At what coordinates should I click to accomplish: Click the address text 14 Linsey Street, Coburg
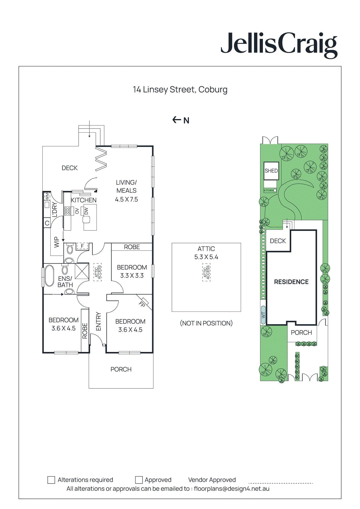click(180, 90)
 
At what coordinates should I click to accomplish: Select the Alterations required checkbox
click(51, 480)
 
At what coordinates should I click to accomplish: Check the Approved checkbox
click(139, 480)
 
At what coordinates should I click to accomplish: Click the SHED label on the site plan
click(271, 171)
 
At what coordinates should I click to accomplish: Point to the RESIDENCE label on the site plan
click(291, 282)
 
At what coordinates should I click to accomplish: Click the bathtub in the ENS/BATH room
click(49, 275)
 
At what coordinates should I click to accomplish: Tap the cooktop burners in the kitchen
click(67, 211)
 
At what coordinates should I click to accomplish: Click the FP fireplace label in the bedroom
click(142, 304)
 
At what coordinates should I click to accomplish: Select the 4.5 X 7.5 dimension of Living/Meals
click(126, 199)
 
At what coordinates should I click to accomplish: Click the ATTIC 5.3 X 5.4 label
click(206, 253)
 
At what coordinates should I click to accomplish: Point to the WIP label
click(57, 242)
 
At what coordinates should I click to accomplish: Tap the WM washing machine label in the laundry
click(47, 196)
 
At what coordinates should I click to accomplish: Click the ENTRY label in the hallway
click(98, 321)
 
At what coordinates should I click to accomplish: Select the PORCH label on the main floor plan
click(121, 369)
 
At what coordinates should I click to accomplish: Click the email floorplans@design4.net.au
click(232, 489)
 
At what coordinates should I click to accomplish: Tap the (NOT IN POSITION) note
click(206, 323)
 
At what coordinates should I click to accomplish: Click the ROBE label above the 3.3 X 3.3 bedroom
click(132, 247)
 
